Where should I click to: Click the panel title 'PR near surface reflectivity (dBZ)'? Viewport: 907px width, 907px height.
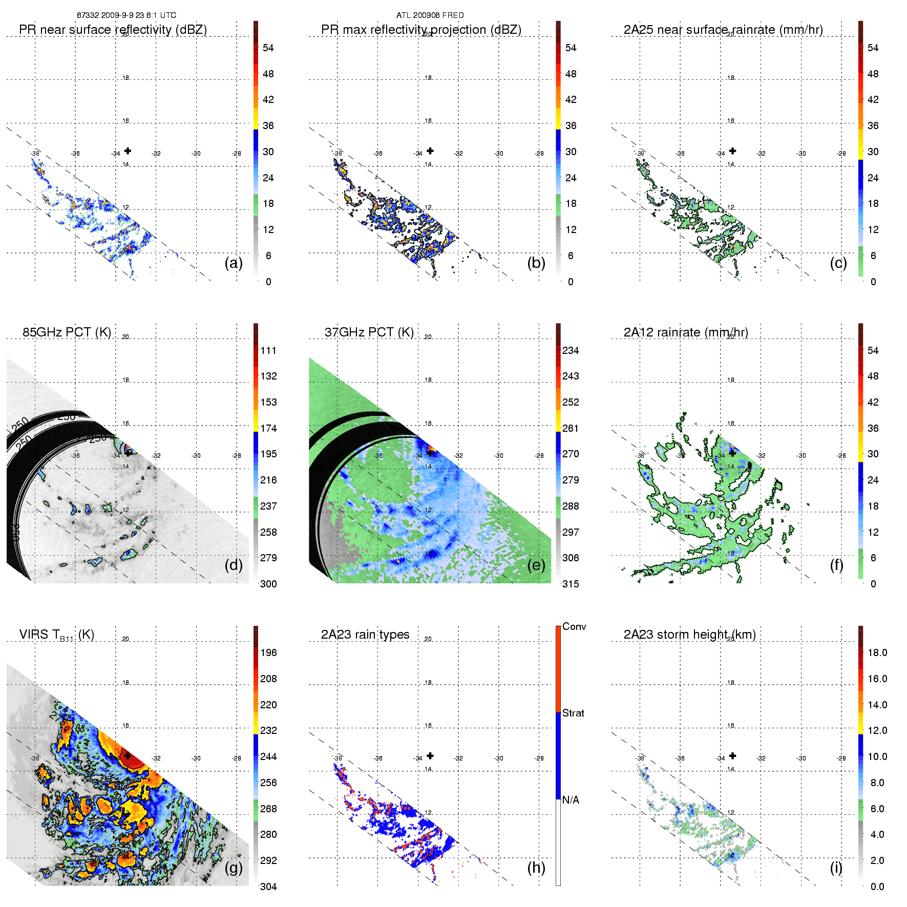tap(113, 30)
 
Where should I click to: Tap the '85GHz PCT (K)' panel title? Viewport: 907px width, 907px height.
tap(67, 332)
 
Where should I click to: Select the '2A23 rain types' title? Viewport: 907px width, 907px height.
tap(365, 635)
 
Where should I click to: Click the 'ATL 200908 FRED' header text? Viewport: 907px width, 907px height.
tap(430, 15)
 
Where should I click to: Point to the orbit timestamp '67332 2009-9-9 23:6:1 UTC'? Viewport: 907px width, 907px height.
tap(126, 15)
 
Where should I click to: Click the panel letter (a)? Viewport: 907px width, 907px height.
tap(234, 263)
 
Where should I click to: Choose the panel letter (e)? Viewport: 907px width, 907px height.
tap(536, 565)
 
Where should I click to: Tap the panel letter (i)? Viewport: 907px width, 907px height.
tap(836, 868)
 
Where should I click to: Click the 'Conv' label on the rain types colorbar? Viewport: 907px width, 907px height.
tap(574, 626)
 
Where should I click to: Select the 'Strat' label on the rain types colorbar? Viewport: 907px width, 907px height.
tap(573, 713)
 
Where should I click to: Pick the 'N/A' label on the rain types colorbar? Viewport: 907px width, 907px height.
tap(571, 800)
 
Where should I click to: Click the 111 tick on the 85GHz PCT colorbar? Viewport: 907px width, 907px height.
tap(268, 350)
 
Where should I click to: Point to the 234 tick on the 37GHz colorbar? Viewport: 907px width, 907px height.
tap(571, 350)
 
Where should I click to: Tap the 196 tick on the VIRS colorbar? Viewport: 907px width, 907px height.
tap(268, 652)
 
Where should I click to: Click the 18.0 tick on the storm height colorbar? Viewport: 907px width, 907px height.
tap(877, 652)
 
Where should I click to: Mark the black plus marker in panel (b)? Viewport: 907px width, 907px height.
tap(430, 151)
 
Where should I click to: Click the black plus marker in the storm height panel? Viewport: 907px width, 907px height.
tap(733, 755)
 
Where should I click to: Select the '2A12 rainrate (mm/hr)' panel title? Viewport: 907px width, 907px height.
tap(686, 332)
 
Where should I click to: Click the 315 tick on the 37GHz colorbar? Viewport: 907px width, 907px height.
tap(571, 584)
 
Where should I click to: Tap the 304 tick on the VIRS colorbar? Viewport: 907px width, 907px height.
tap(268, 887)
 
